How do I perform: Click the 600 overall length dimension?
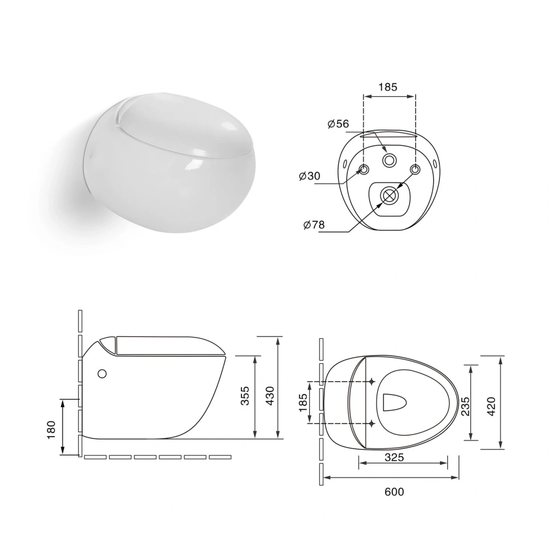click(394, 491)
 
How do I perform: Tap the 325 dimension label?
click(394, 457)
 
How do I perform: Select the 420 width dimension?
click(491, 406)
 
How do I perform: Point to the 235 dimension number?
click(465, 406)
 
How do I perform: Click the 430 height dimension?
click(270, 396)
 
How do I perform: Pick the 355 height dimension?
click(245, 396)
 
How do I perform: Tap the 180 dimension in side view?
click(51, 429)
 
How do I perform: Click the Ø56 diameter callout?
click(338, 124)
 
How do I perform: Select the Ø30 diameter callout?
click(310, 176)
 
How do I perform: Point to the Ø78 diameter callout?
click(314, 225)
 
